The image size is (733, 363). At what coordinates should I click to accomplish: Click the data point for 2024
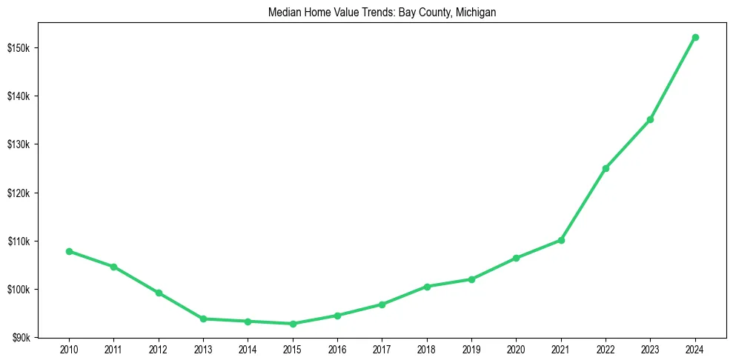click(x=695, y=37)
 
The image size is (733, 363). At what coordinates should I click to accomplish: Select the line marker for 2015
click(x=293, y=324)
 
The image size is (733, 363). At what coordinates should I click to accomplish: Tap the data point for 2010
click(x=69, y=251)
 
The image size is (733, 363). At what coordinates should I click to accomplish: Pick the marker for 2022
click(x=606, y=168)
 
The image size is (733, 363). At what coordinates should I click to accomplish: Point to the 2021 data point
click(x=561, y=240)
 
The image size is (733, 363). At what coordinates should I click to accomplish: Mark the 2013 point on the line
click(x=203, y=319)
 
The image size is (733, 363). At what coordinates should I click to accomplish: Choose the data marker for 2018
click(x=427, y=286)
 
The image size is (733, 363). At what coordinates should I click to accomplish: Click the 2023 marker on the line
click(x=650, y=119)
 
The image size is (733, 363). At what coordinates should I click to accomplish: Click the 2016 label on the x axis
click(x=337, y=348)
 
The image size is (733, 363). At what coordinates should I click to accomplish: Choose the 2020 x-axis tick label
click(x=516, y=348)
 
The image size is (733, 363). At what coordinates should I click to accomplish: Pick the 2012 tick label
click(x=159, y=348)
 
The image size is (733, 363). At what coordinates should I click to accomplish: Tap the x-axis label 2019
click(x=471, y=348)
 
